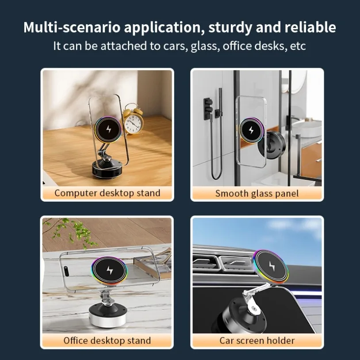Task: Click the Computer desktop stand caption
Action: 107,193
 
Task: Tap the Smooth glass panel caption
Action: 257,193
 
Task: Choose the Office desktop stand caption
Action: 107,340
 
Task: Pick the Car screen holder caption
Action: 257,340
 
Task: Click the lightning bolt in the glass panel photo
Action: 251,130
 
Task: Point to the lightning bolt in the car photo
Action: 271,265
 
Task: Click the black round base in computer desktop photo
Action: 107,169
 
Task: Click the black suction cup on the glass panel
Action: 273,145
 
